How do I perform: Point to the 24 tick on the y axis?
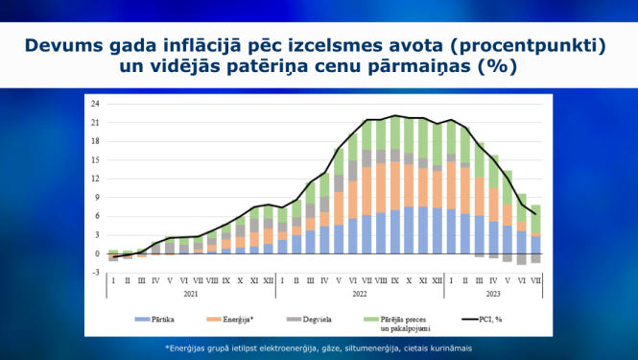pos(96,104)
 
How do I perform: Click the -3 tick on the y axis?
pos(96,273)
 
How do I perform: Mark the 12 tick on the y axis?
pos(96,179)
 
